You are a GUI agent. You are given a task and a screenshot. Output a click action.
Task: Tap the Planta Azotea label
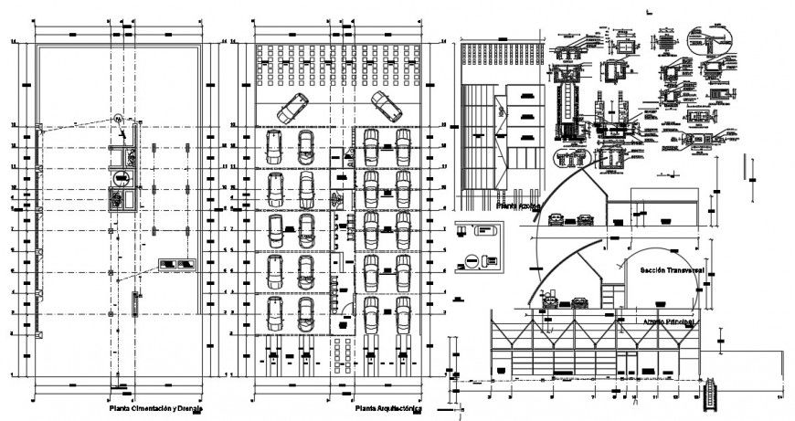(518, 207)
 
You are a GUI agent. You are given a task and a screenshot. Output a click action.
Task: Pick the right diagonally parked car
(386, 107)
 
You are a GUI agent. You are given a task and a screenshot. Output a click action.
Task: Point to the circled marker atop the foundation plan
(120, 117)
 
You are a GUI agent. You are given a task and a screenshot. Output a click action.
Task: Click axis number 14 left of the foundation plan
(11, 42)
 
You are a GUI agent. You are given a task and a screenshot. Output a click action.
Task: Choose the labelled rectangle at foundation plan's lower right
(177, 265)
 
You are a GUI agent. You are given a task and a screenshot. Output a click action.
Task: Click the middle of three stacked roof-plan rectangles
(524, 116)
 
